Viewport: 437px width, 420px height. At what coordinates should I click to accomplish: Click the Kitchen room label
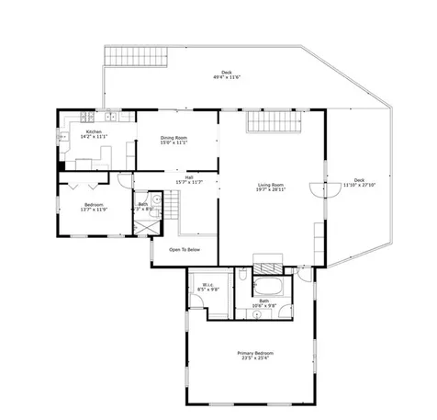coord(94,134)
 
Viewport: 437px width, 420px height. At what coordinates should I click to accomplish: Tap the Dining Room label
coord(174,141)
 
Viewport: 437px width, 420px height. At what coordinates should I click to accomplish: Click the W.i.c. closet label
coord(210,287)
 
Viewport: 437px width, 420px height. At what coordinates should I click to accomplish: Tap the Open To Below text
coord(185,249)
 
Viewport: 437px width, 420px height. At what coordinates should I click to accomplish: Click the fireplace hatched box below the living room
coord(266,259)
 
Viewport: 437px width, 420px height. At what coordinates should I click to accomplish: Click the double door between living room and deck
coord(319,189)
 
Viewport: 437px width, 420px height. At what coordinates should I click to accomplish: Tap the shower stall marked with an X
coord(141,223)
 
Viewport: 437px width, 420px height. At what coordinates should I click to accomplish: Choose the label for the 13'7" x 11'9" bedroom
coord(94,207)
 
